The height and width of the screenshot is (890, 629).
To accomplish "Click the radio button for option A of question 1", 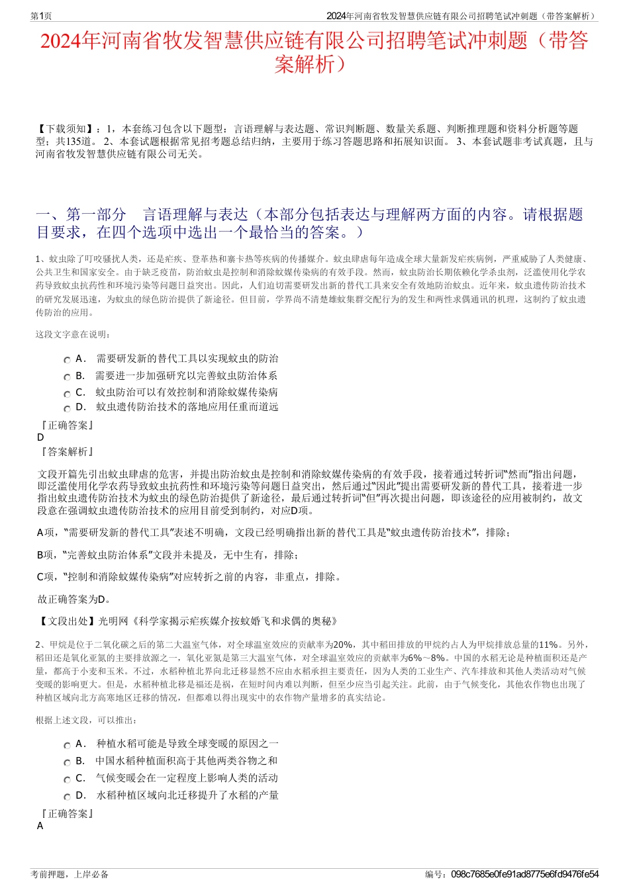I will pyautogui.click(x=68, y=360).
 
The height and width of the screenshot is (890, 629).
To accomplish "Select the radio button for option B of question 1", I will pyautogui.click(x=68, y=377).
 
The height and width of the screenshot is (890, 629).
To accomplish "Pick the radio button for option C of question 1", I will pyautogui.click(x=68, y=393).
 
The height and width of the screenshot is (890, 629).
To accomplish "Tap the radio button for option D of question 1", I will pyautogui.click(x=68, y=408).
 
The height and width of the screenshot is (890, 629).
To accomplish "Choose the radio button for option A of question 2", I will pyautogui.click(x=68, y=745).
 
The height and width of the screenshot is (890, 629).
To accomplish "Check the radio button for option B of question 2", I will pyautogui.click(x=68, y=762).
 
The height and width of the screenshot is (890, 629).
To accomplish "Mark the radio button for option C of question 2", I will pyautogui.click(x=68, y=779).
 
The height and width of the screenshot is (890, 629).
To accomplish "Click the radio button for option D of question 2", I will pyautogui.click(x=68, y=797).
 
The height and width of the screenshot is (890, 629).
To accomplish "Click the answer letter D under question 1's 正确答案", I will pyautogui.click(x=40, y=437).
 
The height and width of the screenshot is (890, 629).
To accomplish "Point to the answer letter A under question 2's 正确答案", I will pyautogui.click(x=40, y=826).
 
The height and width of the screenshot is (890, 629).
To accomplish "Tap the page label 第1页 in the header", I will pyautogui.click(x=41, y=16).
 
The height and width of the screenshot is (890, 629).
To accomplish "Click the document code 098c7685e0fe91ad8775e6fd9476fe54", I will pyautogui.click(x=524, y=874).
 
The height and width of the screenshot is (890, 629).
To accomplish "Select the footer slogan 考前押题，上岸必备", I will pyautogui.click(x=70, y=874).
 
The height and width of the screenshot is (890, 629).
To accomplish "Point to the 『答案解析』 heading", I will pyautogui.click(x=66, y=451).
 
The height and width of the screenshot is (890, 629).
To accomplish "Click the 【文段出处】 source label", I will pyautogui.click(x=67, y=621).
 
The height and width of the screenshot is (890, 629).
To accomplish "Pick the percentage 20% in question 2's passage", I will pyautogui.click(x=344, y=645).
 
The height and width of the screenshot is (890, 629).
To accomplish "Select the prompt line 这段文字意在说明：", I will pyautogui.click(x=73, y=334).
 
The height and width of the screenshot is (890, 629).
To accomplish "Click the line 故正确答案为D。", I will pyautogui.click(x=74, y=600).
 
